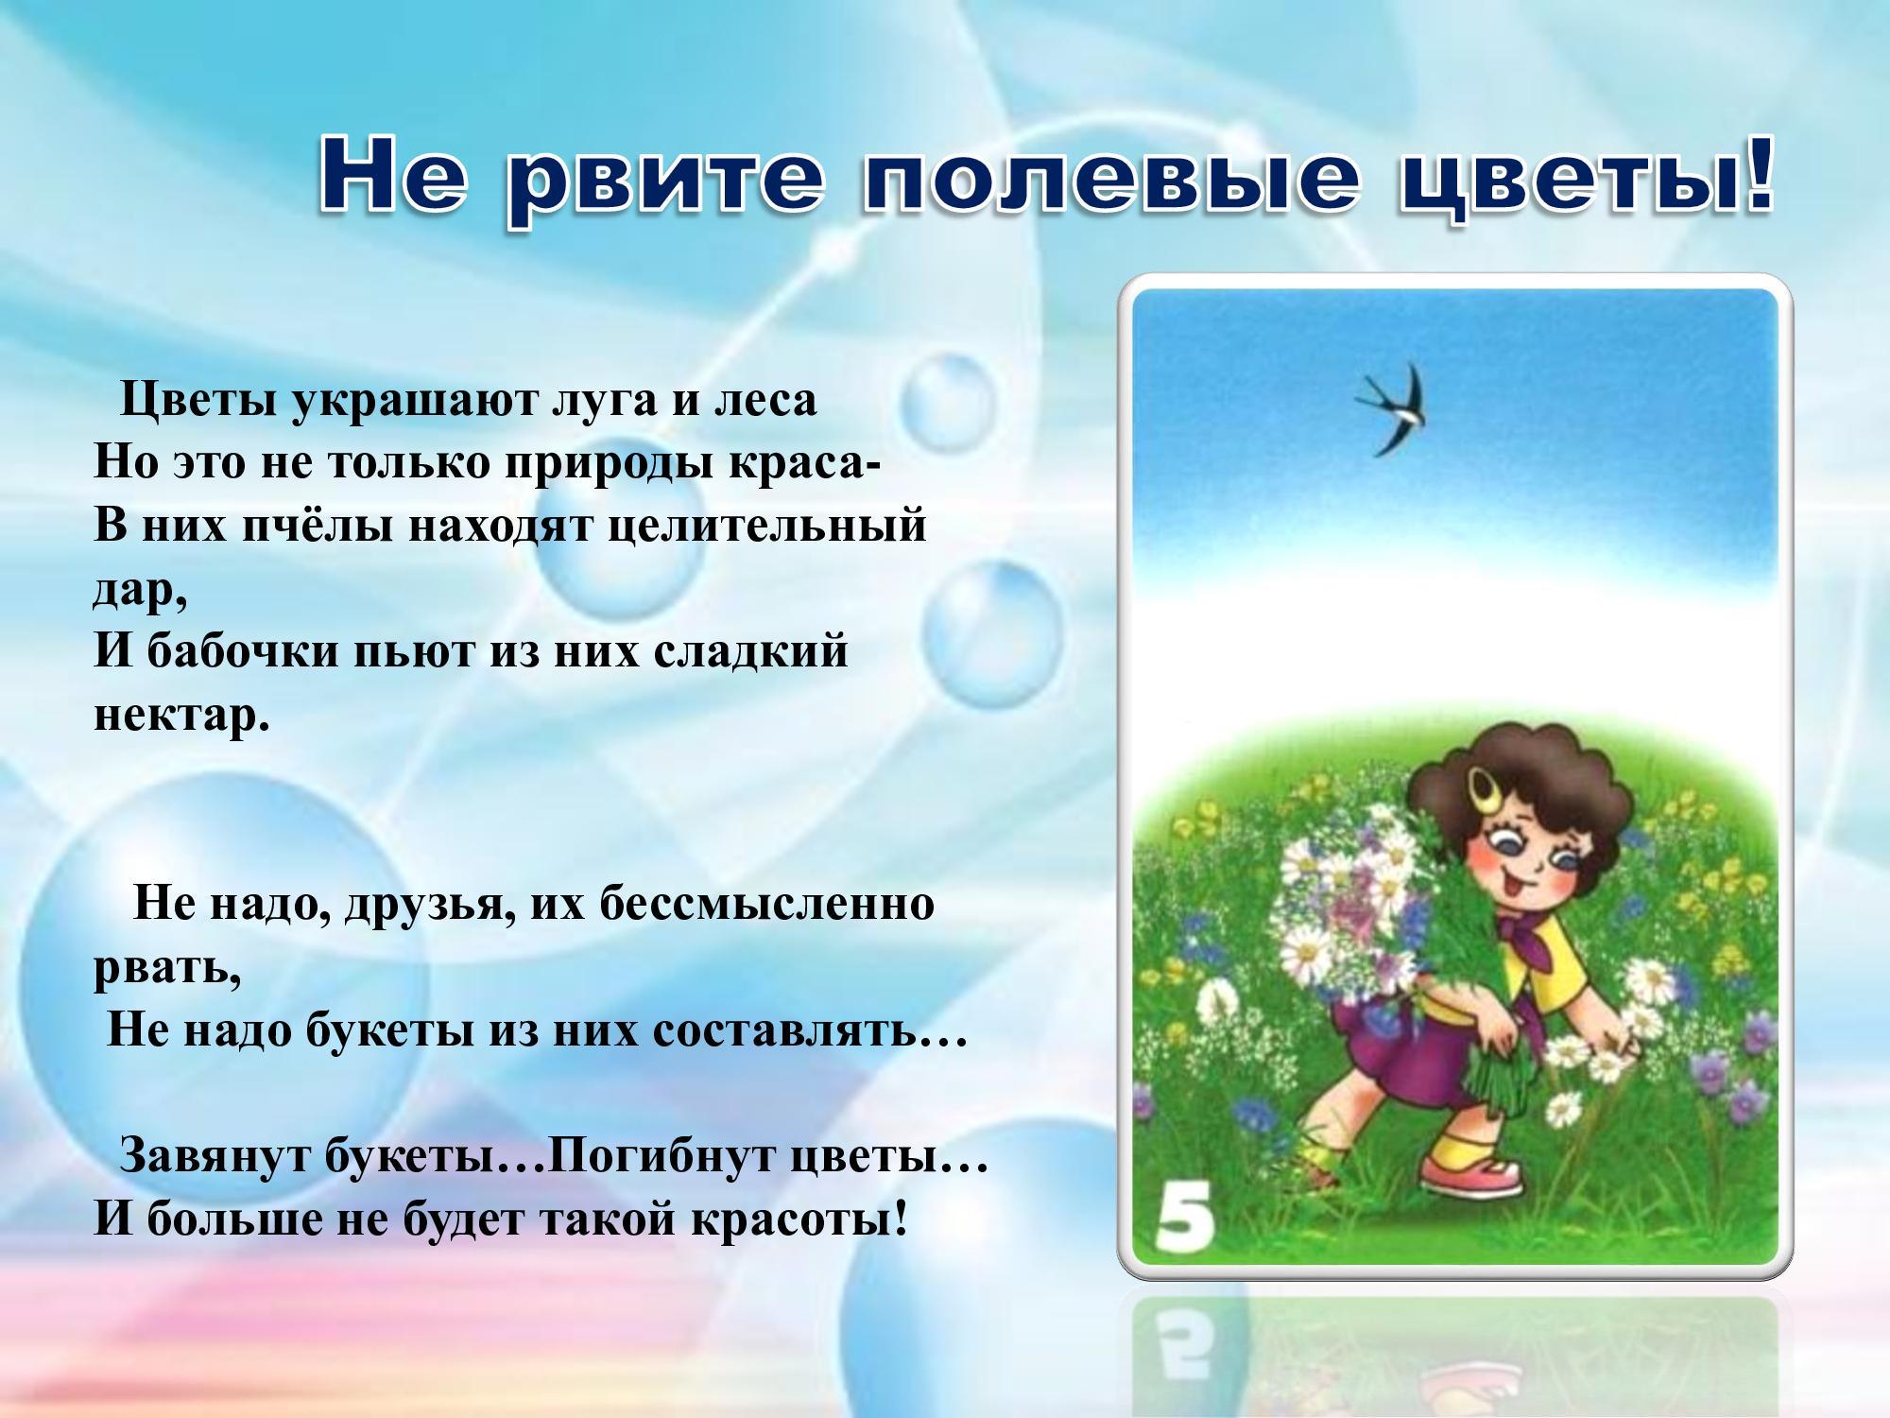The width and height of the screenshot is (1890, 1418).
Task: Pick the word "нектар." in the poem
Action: (181, 716)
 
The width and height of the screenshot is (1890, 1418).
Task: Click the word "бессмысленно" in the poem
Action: (766, 904)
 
